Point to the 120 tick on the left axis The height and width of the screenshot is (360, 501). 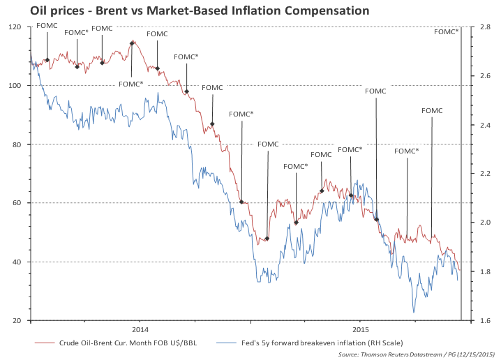15,27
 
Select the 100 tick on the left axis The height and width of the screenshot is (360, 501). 15,86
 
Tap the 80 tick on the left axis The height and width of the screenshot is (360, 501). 17,144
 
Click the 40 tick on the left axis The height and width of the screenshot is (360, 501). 17,262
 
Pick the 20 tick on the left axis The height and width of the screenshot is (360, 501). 17,320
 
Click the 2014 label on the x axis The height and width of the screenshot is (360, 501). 140,329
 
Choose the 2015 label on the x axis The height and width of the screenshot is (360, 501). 360,329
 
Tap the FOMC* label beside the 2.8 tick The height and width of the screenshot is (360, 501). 447,31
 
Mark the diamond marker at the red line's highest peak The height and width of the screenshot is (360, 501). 132,43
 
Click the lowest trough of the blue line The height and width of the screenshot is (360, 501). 414,312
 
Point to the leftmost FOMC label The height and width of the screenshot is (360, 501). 47,25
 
